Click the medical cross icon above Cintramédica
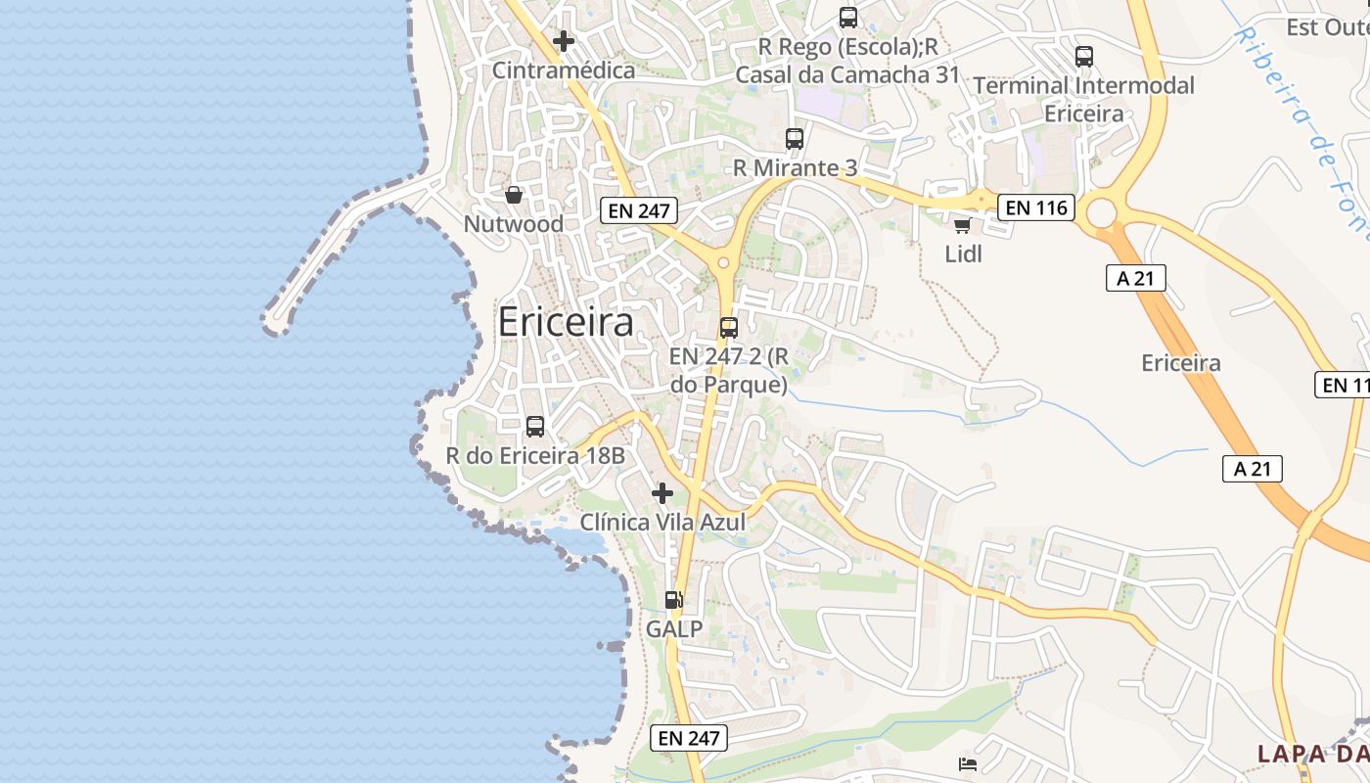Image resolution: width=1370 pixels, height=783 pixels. tap(563, 41)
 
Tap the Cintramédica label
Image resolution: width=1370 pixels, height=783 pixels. tap(564, 70)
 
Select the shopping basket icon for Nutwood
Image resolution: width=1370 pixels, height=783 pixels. tap(514, 195)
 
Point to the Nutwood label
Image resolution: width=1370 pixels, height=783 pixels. tap(514, 224)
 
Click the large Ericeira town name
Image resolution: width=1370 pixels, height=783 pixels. tap(566, 322)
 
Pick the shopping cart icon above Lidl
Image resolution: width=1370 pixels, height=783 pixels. tap(963, 226)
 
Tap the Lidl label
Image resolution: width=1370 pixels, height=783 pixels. tap(963, 254)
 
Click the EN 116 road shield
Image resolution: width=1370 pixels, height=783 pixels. tap(1037, 207)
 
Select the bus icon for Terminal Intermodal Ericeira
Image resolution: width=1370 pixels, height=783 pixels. tap(1084, 57)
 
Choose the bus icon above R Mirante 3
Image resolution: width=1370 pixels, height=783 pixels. tap(795, 139)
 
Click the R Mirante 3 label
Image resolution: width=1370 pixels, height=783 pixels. tap(795, 168)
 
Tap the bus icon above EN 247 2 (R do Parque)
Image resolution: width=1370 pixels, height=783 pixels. tap(729, 328)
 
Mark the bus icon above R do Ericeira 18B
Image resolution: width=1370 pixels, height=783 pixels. tap(535, 427)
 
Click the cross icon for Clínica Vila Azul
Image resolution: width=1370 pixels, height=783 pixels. tap(662, 493)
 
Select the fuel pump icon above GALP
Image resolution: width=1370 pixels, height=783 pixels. tap(673, 600)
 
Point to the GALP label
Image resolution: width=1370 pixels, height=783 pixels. tap(674, 629)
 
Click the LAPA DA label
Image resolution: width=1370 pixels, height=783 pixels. tap(1312, 754)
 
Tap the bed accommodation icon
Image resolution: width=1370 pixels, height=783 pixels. tap(967, 763)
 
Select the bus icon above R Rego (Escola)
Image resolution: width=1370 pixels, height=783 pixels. tap(848, 18)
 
